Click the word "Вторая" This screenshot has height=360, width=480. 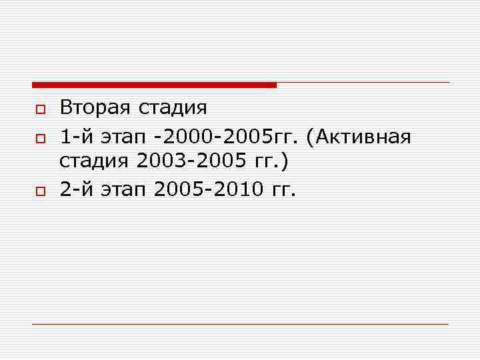tap(96, 107)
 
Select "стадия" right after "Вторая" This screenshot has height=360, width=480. tap(173, 107)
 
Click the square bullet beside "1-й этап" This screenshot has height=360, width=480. tap(39, 138)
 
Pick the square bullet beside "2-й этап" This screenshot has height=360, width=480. tap(39, 191)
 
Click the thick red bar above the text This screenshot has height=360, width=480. tap(154, 85)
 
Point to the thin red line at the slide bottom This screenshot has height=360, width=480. tap(240, 325)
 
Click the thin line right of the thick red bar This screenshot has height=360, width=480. tap(363, 83)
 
